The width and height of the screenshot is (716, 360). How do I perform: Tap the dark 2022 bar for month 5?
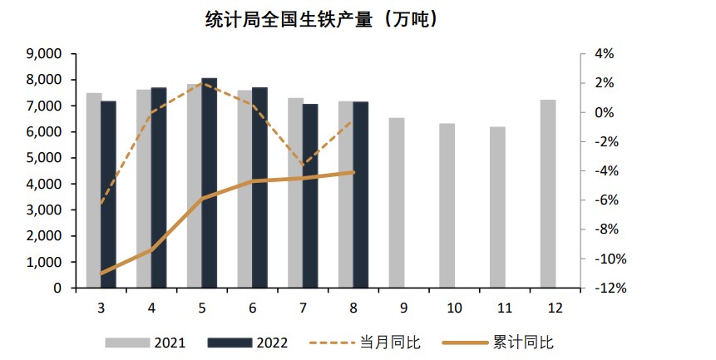(x=210, y=183)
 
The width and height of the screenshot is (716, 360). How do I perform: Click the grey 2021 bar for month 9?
(x=397, y=203)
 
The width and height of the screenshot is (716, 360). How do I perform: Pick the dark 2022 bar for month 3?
(x=109, y=195)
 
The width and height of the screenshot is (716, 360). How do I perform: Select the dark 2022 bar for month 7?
(x=310, y=196)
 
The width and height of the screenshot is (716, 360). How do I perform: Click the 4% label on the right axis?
(x=604, y=54)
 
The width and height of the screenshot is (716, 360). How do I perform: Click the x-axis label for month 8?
(x=353, y=308)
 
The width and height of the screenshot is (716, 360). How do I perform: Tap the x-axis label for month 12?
(x=556, y=308)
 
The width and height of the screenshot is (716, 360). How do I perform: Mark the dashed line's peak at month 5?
(x=202, y=83)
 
